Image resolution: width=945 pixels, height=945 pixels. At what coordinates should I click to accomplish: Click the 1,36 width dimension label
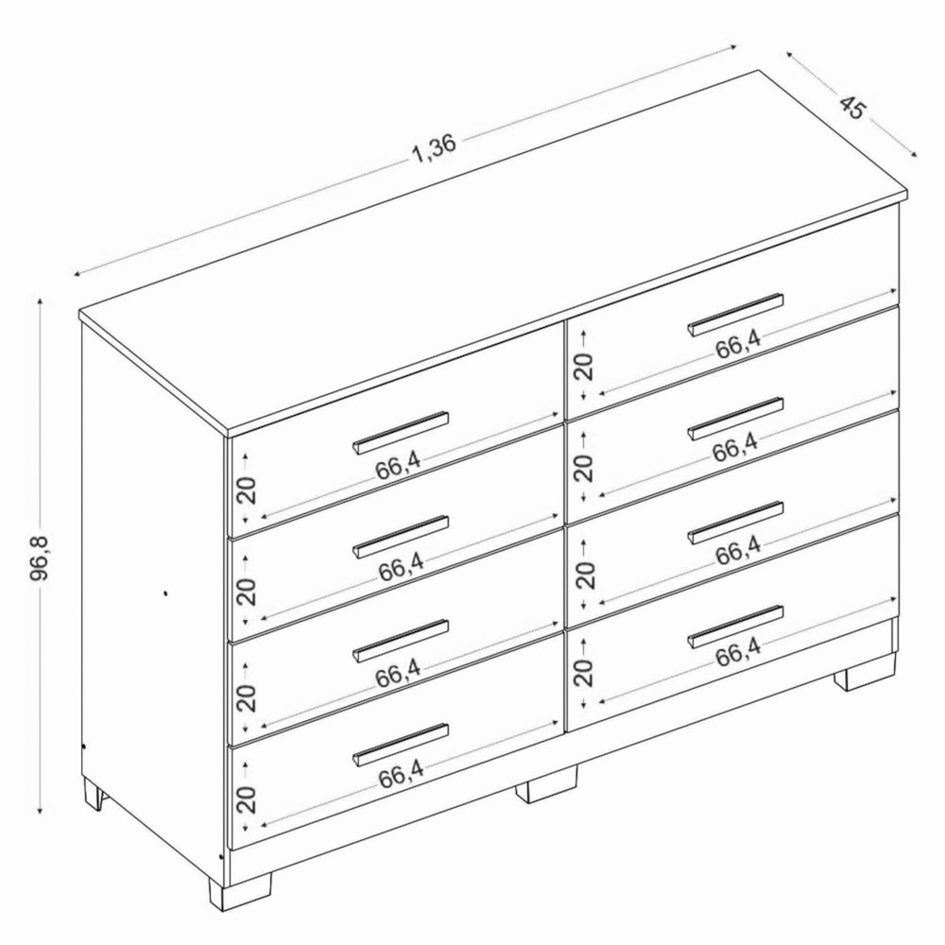tap(434, 148)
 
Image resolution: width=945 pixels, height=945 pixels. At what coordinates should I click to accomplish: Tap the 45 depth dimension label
tap(851, 108)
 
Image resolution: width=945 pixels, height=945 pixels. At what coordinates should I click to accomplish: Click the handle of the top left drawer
tap(400, 432)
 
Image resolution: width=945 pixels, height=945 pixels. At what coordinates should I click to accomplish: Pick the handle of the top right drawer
tap(735, 314)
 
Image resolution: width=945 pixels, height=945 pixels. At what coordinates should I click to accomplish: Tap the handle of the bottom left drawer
tap(400, 745)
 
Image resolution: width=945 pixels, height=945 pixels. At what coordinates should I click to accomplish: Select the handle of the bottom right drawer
tap(735, 627)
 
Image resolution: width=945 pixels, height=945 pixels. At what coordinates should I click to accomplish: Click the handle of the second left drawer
tap(400, 537)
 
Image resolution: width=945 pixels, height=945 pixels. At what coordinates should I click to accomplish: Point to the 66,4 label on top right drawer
tap(739, 345)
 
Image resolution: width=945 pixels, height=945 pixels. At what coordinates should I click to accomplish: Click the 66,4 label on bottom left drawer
tap(402, 775)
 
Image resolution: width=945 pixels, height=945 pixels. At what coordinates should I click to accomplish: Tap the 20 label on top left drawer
tap(247, 490)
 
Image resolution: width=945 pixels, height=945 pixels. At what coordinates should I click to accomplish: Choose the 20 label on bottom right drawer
tap(583, 672)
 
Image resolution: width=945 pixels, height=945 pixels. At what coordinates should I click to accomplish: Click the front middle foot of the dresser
tap(546, 784)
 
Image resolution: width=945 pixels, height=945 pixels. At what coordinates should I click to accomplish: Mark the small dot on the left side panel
tap(165, 593)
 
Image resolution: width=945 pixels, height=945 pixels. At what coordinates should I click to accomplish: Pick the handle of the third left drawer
tap(400, 641)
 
